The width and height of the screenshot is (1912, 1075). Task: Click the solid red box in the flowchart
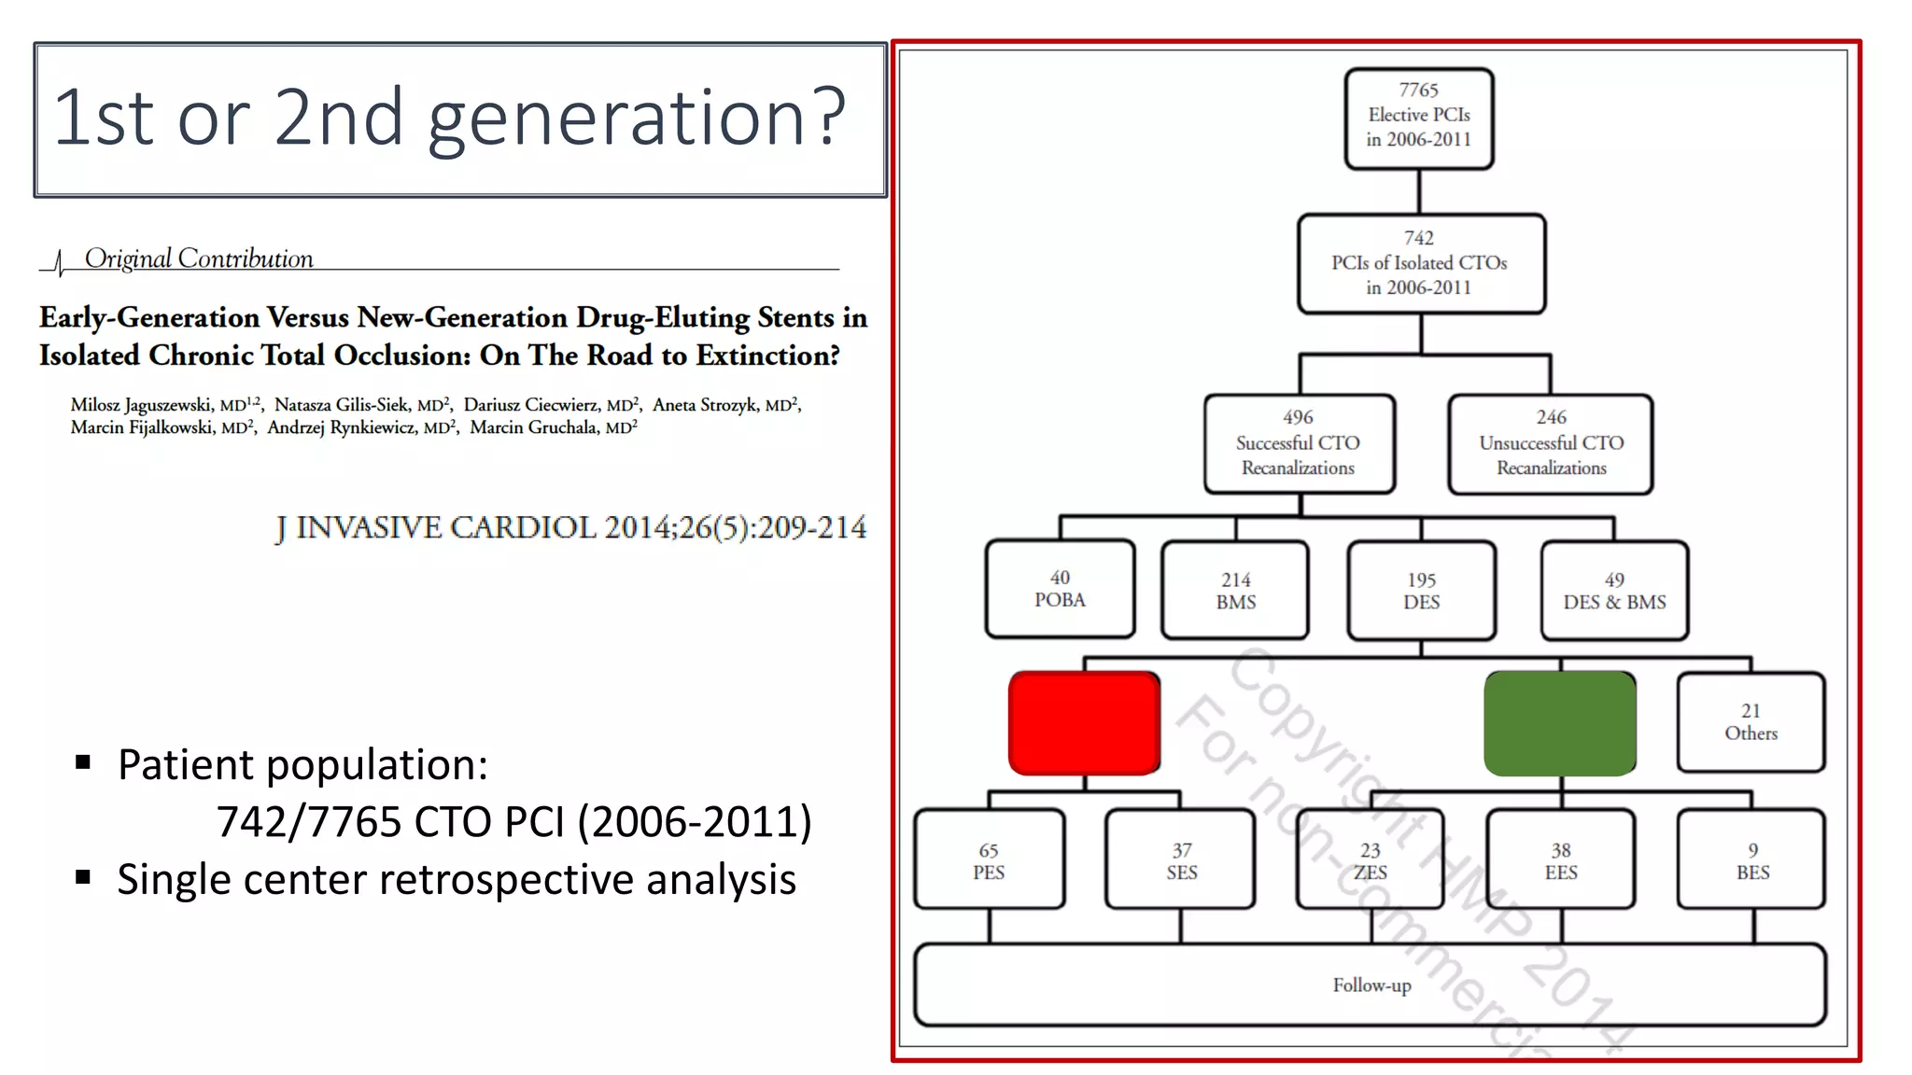point(1084,723)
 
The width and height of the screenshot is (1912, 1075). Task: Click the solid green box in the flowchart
point(1559,723)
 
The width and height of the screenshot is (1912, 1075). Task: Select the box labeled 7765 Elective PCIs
point(1418,118)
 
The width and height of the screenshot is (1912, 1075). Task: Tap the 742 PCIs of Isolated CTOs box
point(1420,264)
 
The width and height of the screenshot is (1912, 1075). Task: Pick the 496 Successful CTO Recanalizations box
point(1299,443)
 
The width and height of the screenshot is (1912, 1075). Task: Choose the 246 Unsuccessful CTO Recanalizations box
point(1551,443)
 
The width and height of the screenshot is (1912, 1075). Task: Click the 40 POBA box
point(1060,589)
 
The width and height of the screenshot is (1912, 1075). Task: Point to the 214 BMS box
point(1235,591)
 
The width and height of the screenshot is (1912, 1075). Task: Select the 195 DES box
point(1421,591)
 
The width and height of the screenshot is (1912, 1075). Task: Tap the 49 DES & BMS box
point(1614,591)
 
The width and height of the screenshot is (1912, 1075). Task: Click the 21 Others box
point(1750,722)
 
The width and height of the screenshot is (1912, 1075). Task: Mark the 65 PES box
point(989,860)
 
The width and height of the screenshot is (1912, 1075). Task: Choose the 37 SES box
point(1181,860)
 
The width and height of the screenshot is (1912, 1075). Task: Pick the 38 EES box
point(1560,860)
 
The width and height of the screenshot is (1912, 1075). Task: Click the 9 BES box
point(1752,860)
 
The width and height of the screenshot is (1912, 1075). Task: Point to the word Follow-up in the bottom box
point(1371,985)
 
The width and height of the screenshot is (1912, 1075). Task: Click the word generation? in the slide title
point(637,119)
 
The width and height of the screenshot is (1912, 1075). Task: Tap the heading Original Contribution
point(199,258)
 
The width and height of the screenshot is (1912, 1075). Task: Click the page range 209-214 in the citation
point(811,528)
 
